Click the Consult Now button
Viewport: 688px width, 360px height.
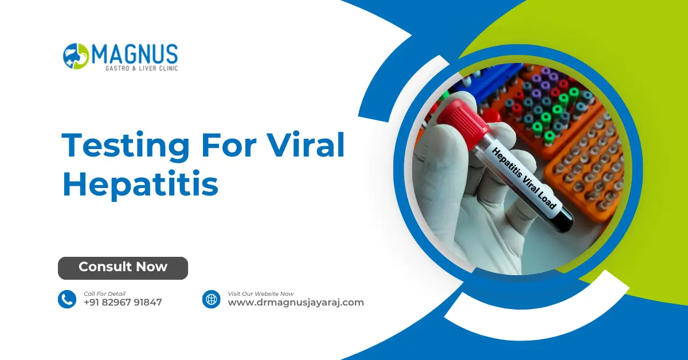click(x=123, y=268)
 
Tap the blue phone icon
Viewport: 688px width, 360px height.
click(x=67, y=299)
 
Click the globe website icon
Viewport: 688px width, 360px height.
click(x=212, y=299)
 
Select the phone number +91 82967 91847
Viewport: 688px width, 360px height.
click(x=123, y=303)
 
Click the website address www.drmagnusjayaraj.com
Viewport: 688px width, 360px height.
click(x=296, y=303)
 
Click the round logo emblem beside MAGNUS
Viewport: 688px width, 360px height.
click(x=76, y=56)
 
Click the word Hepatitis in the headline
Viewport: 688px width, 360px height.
click(x=140, y=185)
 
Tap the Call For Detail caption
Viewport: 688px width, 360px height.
click(x=104, y=294)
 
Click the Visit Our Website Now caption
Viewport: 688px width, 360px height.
click(x=261, y=294)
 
